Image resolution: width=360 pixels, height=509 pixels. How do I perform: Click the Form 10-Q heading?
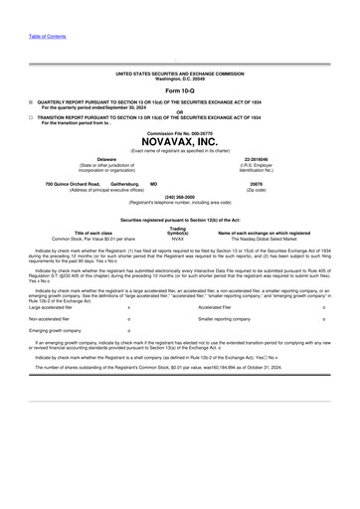tap(179, 90)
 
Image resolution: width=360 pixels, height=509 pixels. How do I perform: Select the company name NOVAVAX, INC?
tap(179, 142)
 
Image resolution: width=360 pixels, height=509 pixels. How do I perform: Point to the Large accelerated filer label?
tap(50, 308)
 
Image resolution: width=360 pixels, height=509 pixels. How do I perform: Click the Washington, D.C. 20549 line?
tap(179, 78)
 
